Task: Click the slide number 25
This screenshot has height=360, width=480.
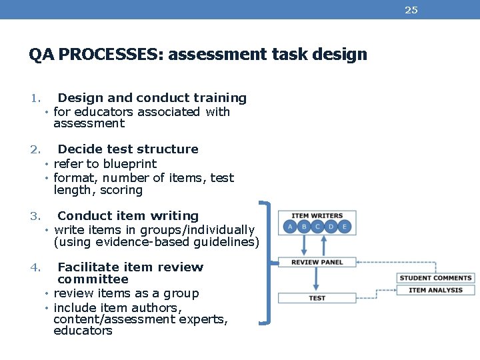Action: click(x=412, y=10)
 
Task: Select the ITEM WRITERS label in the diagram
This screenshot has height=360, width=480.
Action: click(x=317, y=215)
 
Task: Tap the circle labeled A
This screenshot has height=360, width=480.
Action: click(x=290, y=227)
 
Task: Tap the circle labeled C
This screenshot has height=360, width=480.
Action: click(x=317, y=227)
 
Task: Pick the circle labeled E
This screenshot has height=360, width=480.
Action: click(x=345, y=227)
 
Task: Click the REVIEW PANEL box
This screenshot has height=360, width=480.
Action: click(x=317, y=262)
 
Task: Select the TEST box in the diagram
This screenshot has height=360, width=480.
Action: click(x=317, y=298)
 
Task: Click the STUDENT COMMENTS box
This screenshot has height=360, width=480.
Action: click(x=435, y=278)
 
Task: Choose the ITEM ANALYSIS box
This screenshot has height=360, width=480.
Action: click(x=435, y=290)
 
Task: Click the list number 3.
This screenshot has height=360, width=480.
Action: click(x=35, y=216)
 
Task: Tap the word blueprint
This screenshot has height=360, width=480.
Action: click(x=130, y=164)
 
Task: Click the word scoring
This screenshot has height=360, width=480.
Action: click(x=121, y=191)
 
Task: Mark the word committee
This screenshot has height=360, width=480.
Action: click(x=93, y=279)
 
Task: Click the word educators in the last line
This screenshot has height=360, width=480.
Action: click(x=83, y=331)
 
